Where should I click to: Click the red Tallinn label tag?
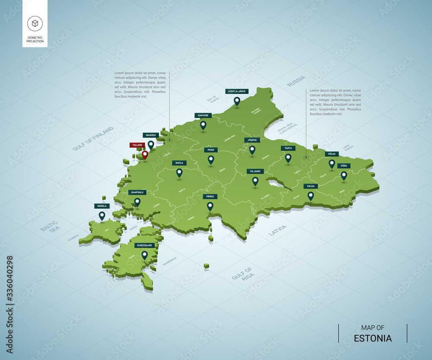tap(137, 145)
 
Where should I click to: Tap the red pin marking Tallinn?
tap(145, 154)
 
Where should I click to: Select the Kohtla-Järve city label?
tap(237, 91)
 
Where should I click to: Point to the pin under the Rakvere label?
tap(203, 125)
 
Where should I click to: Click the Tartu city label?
tap(288, 148)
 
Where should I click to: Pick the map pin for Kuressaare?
tap(144, 255)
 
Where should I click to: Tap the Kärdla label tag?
tap(102, 206)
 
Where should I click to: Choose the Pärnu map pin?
tap(210, 206)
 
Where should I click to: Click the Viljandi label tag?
tap(255, 171)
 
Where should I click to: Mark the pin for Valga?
tap(310, 196)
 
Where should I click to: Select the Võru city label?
tap(344, 166)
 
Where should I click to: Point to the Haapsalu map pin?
tap(137, 202)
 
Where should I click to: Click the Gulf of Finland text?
tap(93, 138)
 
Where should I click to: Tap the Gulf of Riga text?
tap(242, 275)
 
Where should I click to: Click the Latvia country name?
tap(277, 230)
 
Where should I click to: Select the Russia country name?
tap(296, 81)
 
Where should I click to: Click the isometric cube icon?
tap(35, 23)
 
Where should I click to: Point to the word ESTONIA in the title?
tap(372, 338)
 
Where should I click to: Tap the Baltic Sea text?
tap(50, 226)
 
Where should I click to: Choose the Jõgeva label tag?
tap(252, 140)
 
